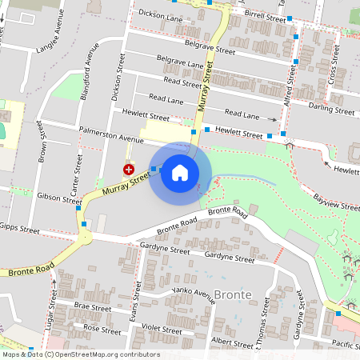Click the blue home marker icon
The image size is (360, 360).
click(x=180, y=173)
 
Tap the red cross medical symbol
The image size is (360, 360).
click(x=128, y=169)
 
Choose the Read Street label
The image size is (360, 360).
click(x=182, y=82)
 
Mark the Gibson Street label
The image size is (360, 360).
click(x=54, y=197)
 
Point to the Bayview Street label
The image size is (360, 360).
click(x=336, y=202)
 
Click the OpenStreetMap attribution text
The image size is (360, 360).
click(x=80, y=354)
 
